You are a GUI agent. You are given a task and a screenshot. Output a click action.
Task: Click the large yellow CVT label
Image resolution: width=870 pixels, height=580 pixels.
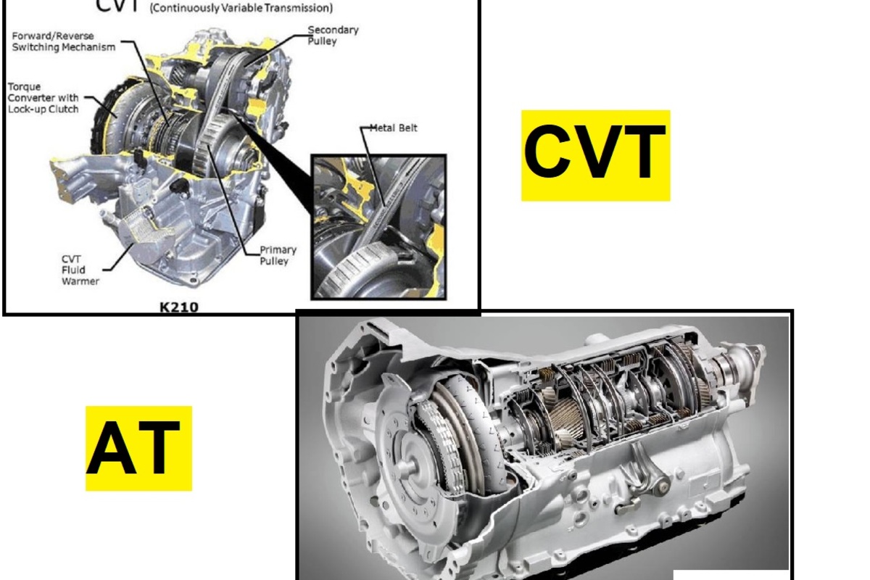(595, 155)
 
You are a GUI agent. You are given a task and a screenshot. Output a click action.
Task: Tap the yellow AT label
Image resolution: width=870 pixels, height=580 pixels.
(138, 448)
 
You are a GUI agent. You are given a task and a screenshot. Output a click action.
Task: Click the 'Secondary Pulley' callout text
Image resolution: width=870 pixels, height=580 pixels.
(333, 36)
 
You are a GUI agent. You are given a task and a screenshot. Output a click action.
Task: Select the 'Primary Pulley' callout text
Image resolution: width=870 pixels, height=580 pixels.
(278, 255)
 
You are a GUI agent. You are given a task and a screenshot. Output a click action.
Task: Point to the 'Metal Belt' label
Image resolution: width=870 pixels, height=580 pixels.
(393, 128)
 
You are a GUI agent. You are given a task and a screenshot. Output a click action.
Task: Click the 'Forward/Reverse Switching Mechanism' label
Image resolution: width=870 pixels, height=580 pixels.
(64, 41)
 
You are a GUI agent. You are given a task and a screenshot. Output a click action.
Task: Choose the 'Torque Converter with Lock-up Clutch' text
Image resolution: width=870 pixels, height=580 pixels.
(43, 98)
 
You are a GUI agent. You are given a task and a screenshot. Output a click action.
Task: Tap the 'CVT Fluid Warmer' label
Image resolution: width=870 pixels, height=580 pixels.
(80, 270)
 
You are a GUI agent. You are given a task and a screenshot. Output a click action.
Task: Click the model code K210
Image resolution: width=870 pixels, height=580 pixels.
(179, 307)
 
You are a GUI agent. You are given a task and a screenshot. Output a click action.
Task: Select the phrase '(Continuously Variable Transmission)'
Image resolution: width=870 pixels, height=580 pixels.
(241, 8)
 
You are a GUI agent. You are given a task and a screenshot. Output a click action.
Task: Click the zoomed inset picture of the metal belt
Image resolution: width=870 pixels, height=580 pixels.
(378, 227)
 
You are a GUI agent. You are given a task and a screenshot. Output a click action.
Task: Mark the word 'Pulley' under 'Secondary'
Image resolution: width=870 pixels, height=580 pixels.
(322, 41)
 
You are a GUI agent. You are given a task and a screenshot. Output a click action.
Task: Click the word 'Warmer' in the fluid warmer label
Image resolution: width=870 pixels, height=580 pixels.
(80, 281)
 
